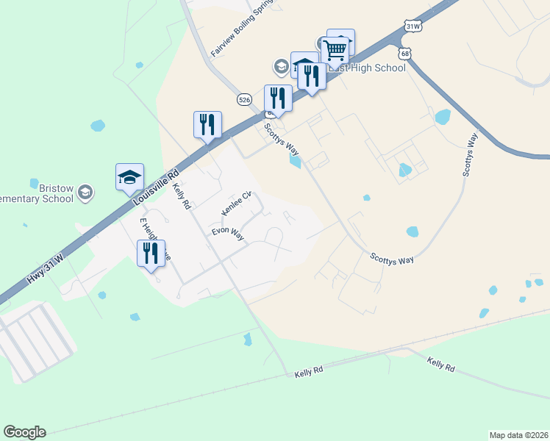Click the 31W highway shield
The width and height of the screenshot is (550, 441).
coord(413,26)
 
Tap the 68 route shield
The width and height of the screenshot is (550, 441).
coord(404,54)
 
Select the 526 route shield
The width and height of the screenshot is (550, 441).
coord(245,98)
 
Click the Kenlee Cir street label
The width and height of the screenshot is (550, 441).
coord(237,204)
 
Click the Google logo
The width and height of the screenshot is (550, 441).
coord(24,432)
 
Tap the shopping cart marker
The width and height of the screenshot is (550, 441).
coord(335,49)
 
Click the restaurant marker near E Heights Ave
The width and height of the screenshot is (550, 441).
coord(151,254)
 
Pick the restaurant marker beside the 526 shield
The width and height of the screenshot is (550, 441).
coord(278,99)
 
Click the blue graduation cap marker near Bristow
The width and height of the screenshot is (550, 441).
coord(129,177)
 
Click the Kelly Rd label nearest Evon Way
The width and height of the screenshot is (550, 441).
coord(181,198)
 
